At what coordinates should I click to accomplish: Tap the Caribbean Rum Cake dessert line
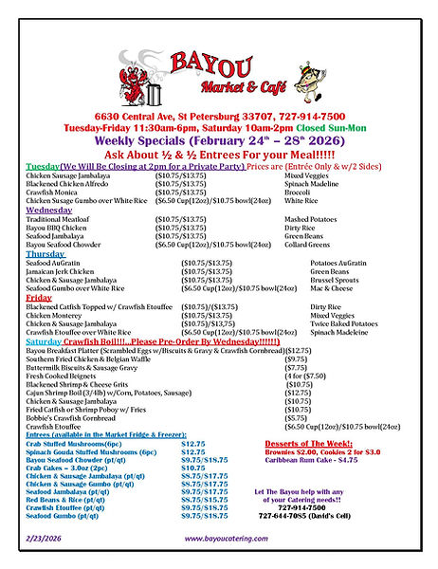click(323, 460)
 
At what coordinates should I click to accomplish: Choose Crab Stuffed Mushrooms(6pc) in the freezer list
click(74, 444)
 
